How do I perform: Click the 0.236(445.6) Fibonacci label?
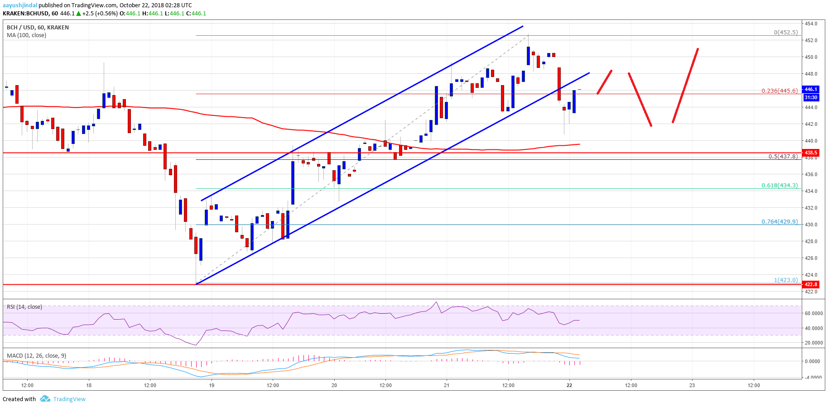pos(779,91)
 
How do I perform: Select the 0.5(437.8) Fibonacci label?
pos(783,157)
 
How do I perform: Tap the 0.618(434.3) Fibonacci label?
pos(779,186)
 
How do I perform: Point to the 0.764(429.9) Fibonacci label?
pos(779,221)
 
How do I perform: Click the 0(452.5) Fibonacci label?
pos(785,32)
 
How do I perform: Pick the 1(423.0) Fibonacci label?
pos(785,280)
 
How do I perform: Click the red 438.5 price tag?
pos(811,153)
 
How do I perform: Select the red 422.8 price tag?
pos(811,284)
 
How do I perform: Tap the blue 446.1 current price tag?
pos(811,89)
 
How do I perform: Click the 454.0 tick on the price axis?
pos(811,24)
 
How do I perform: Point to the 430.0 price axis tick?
pos(811,225)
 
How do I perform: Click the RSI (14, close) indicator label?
pos(24,307)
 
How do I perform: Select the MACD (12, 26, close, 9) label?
pos(36,356)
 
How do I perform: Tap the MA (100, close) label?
pos(26,35)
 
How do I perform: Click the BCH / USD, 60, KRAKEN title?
pos(38,28)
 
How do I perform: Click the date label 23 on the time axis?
pos(692,385)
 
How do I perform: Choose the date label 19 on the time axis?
pos(212,385)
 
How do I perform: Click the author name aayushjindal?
pos(20,5)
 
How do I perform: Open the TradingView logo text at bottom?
pos(69,399)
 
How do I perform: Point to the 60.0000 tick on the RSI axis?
pos(814,313)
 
